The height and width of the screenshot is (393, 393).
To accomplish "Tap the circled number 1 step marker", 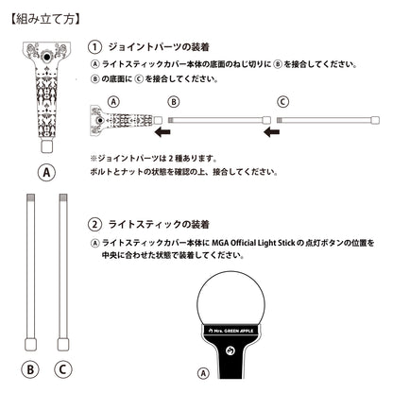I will tap(94, 46).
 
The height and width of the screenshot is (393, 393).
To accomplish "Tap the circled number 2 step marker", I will tap(94, 225).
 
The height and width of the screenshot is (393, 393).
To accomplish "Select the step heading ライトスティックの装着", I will tap(155, 225).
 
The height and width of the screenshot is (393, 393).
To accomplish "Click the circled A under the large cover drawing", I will tap(47, 173).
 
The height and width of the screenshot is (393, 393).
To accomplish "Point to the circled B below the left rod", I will tap(32, 368).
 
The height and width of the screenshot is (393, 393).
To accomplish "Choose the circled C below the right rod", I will tap(63, 368).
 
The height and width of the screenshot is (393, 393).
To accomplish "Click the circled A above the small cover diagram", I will tap(114, 101).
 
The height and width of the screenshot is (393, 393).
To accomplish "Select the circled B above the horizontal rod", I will tap(172, 101).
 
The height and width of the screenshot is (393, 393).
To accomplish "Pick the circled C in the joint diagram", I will tap(282, 101).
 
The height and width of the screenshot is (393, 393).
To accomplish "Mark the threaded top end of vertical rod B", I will tap(32, 196).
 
